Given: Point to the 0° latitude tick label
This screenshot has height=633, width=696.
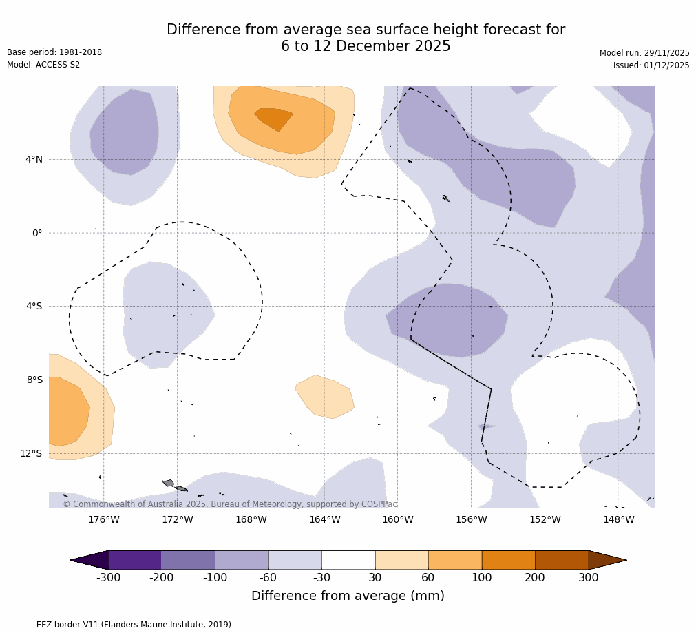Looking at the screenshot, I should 36,233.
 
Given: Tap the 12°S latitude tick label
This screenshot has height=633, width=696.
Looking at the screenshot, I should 31,453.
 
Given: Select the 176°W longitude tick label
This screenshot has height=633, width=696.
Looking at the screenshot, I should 104,519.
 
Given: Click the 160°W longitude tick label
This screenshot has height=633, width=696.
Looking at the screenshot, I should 398,519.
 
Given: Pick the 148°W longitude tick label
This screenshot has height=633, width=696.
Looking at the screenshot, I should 618,519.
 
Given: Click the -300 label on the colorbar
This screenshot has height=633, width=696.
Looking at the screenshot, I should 108,578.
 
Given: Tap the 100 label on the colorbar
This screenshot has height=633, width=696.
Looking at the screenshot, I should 481,578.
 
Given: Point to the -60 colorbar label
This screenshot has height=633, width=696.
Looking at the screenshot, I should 268,578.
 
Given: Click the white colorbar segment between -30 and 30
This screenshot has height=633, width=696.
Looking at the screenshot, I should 348,560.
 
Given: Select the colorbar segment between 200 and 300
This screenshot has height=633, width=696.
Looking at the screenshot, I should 562,560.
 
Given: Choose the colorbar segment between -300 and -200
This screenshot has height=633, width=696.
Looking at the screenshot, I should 135,560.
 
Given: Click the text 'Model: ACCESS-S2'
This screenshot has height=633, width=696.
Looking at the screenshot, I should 43,65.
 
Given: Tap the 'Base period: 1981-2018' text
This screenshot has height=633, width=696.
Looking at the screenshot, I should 54,52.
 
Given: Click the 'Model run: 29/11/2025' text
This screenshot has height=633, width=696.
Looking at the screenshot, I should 644,53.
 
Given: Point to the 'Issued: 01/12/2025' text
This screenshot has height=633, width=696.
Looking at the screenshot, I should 651,65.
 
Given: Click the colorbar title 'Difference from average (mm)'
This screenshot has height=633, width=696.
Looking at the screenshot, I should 348,596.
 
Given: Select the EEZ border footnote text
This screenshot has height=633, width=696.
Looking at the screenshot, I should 120,625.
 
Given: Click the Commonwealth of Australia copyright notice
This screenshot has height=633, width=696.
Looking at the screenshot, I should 230,504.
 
